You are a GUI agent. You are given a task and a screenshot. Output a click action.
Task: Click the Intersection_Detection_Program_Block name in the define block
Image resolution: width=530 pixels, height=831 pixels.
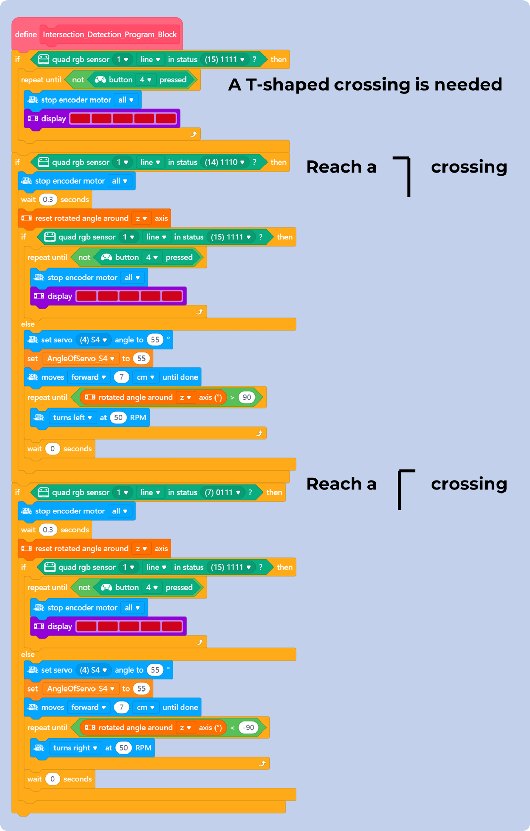(x=110, y=34)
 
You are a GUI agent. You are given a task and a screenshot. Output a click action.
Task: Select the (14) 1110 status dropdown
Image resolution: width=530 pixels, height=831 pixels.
(x=224, y=162)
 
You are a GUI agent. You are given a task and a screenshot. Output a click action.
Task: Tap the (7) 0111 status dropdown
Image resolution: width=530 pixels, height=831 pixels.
(x=222, y=492)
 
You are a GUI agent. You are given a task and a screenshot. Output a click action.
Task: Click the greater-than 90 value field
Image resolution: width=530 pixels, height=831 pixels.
(x=247, y=397)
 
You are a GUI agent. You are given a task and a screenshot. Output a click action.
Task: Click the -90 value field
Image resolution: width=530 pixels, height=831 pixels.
(x=248, y=727)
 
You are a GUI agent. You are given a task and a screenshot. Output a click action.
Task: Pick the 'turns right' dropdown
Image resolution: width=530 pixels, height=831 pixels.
(x=75, y=748)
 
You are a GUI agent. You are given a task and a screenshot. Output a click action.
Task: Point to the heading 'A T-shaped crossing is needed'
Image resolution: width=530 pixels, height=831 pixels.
(x=365, y=85)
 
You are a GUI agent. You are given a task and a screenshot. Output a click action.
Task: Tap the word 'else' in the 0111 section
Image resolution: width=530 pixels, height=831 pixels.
(x=28, y=654)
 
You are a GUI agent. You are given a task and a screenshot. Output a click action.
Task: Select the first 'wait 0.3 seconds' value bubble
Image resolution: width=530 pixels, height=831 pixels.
(x=48, y=199)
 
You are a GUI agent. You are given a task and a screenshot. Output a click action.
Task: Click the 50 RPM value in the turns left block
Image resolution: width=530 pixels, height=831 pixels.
(x=118, y=418)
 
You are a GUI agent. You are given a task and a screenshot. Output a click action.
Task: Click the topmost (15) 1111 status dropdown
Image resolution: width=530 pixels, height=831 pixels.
(x=224, y=59)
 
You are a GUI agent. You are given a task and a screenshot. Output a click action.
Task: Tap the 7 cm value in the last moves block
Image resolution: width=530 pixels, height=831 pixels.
(x=121, y=707)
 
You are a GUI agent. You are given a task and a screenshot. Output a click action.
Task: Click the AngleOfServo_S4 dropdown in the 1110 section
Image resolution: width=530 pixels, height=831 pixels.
(x=80, y=359)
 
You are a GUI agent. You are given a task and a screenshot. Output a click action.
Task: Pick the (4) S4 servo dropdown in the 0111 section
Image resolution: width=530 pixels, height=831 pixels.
(x=93, y=670)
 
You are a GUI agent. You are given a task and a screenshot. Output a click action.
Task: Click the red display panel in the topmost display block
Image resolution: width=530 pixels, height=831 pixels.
(x=123, y=119)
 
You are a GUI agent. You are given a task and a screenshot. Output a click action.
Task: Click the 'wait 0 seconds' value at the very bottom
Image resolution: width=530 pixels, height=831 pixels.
(x=52, y=779)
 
